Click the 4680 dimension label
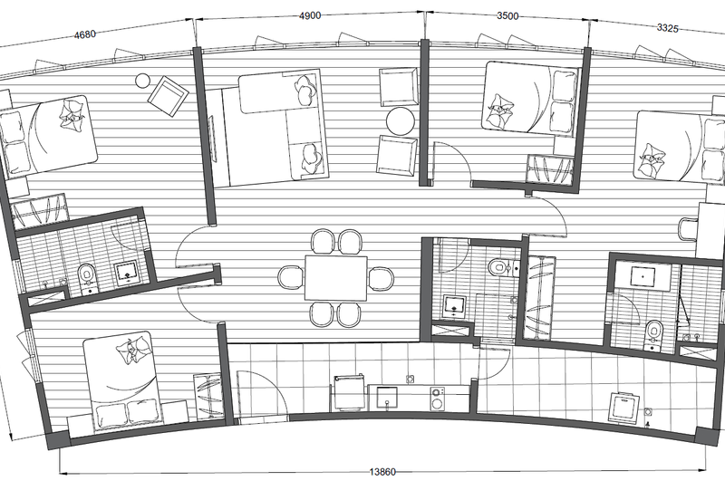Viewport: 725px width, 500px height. (85, 34)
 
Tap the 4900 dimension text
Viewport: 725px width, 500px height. (310, 15)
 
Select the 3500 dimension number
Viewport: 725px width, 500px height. (507, 15)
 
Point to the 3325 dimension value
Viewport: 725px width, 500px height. (668, 28)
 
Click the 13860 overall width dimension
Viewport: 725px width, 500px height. (382, 472)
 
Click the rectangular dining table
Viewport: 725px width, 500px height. (335, 278)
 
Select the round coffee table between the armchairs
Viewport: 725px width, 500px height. (401, 121)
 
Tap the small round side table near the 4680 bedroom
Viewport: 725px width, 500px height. (142, 81)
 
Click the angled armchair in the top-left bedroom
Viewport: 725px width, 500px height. (168, 97)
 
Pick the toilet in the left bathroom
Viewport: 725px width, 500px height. (86, 278)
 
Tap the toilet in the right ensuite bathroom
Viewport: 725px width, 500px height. (653, 333)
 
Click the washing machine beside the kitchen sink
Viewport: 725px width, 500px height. (437, 399)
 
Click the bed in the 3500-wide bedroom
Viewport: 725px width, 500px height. (531, 98)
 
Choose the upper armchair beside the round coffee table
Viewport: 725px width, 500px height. (398, 87)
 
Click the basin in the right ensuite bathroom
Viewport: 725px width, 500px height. (643, 276)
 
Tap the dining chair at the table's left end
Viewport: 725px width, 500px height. (291, 278)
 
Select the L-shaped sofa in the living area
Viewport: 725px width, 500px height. (283, 125)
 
